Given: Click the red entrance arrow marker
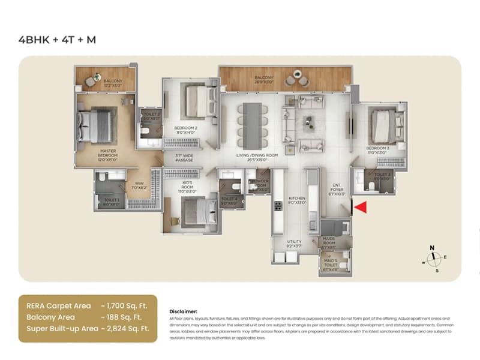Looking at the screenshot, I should pos(361,208).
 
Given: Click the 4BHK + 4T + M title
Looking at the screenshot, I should pos(58,40).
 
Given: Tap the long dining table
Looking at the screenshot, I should pos(252,122).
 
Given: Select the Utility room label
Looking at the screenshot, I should pos(294,243).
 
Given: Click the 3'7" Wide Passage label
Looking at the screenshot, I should pos(184,158).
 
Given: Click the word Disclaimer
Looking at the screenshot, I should pos(184,311).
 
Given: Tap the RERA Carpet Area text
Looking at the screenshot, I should pos(55,305).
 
